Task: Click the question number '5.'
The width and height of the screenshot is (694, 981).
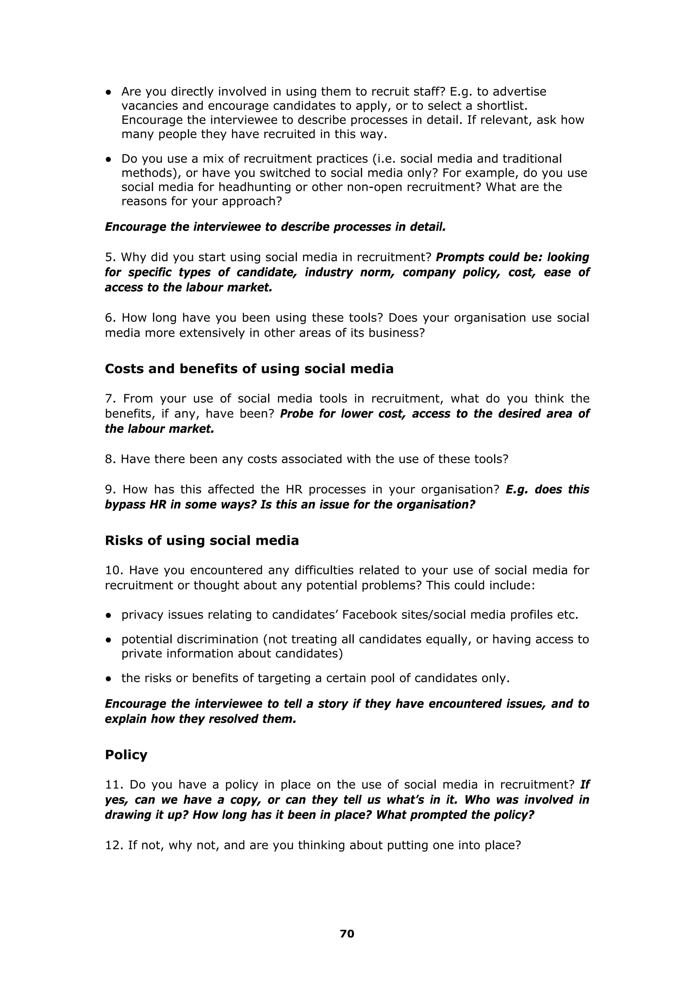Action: click(111, 257)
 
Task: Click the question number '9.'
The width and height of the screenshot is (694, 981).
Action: click(111, 489)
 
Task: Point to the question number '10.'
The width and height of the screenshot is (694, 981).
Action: click(114, 570)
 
